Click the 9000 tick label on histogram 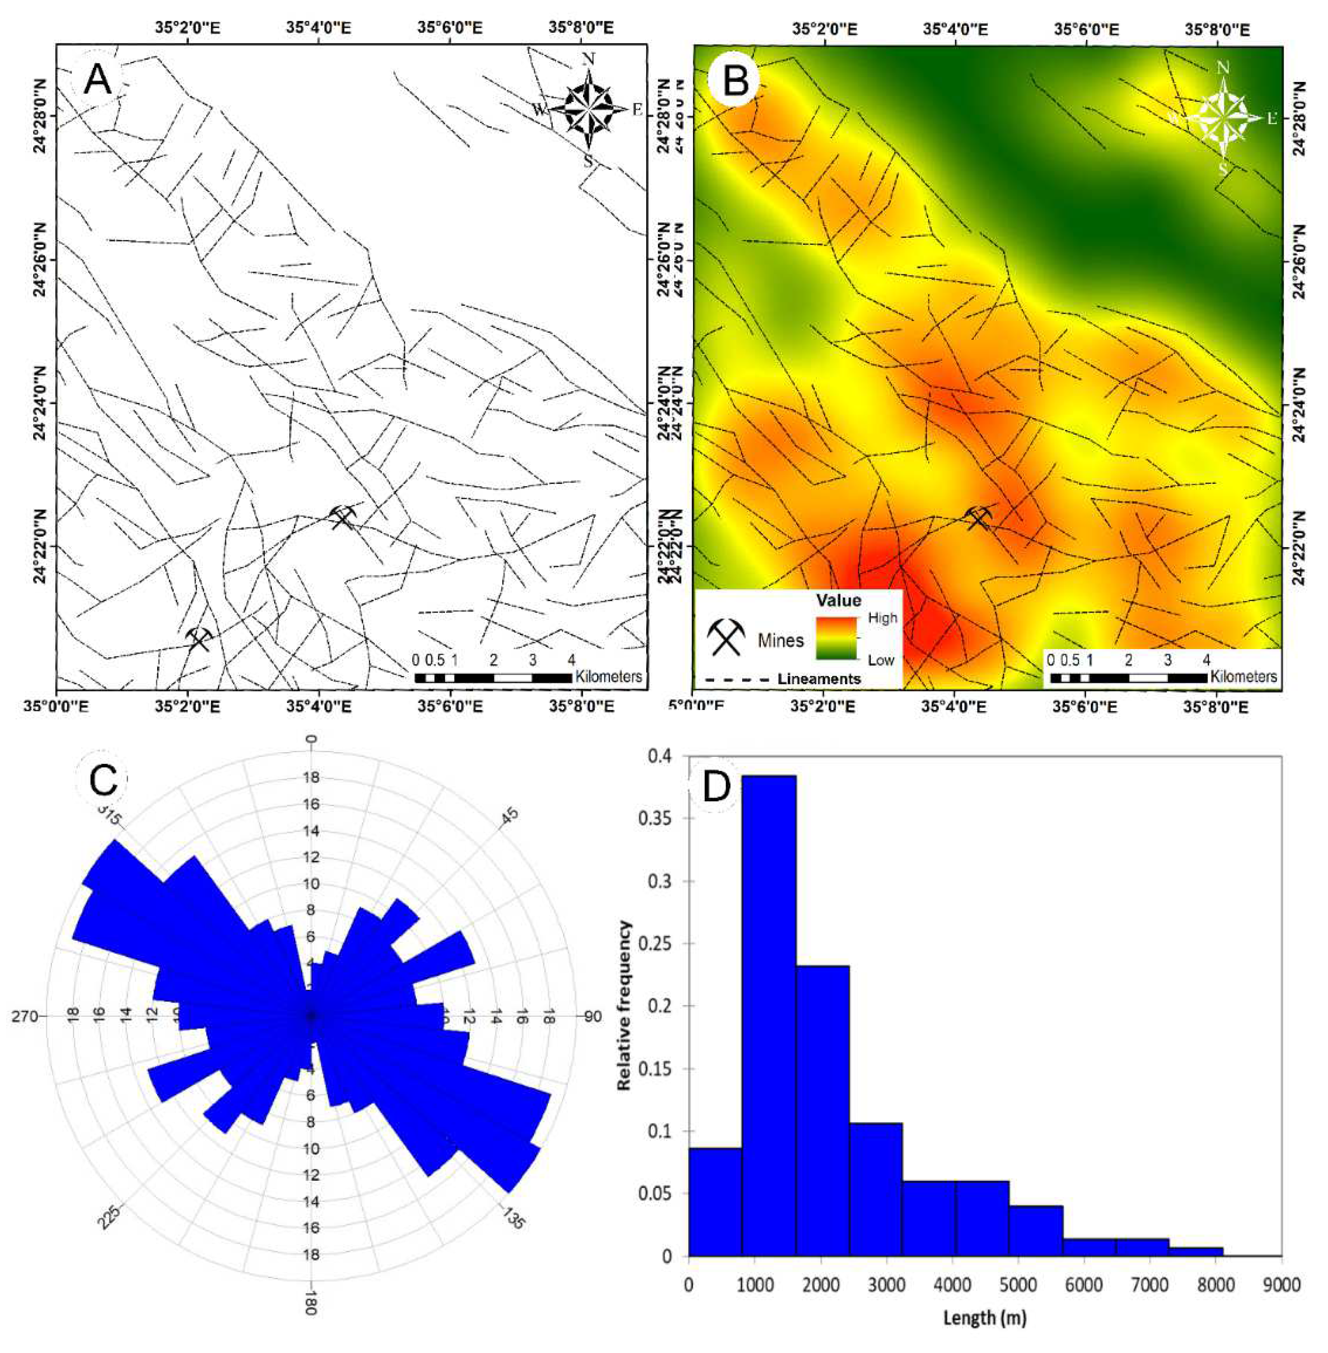tap(1281, 1285)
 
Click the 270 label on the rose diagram tap(24, 1016)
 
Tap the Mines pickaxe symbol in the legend tap(726, 636)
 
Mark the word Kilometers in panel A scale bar tap(608, 677)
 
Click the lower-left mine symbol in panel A tap(199, 638)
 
